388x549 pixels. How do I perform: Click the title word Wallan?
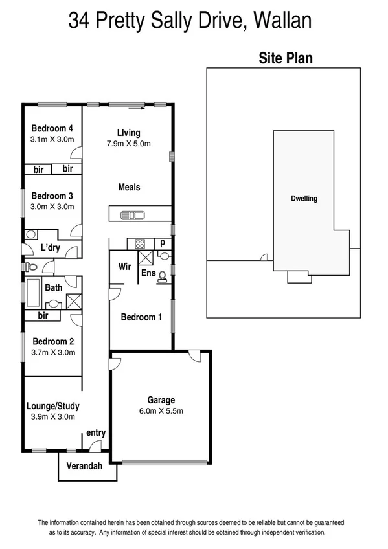point(283,21)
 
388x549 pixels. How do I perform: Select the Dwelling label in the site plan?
point(303,199)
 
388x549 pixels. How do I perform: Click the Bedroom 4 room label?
point(52,128)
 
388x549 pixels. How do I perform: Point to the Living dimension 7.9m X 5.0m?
point(130,144)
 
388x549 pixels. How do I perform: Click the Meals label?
point(129,187)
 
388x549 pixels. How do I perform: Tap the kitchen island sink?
point(137,215)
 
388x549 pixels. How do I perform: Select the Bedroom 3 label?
point(52,196)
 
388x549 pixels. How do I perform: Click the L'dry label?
point(51,248)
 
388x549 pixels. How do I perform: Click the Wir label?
point(125,266)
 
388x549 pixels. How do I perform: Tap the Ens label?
point(148,273)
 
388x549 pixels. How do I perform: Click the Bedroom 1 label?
point(141,317)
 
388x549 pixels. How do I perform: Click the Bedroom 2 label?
point(53,341)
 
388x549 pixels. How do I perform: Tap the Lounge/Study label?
point(53,406)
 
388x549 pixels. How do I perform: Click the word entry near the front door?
point(96,433)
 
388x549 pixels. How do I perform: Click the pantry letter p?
point(163,244)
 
